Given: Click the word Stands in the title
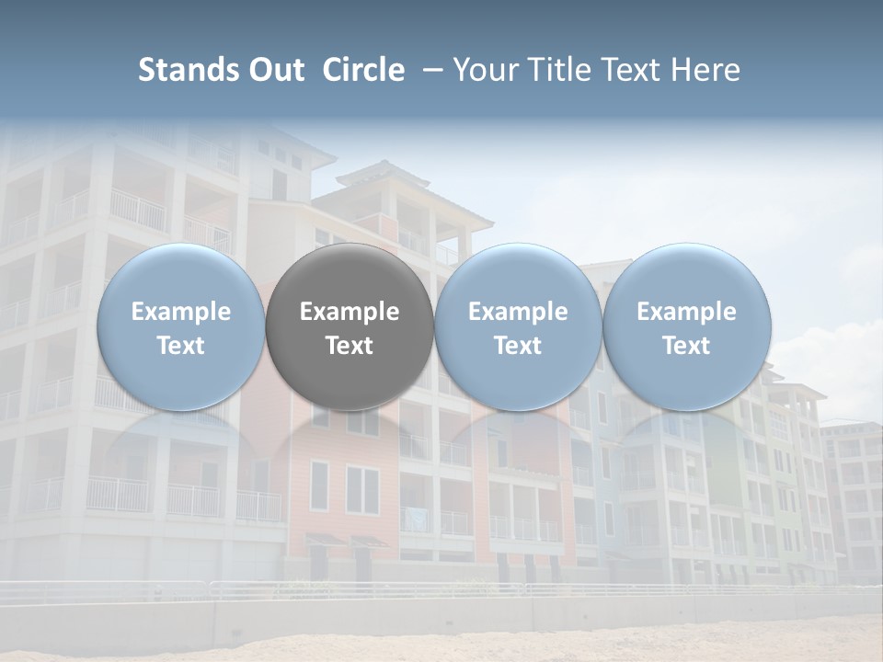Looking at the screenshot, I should click(x=189, y=70).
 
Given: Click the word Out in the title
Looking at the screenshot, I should click(x=277, y=70).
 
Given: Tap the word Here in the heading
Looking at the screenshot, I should click(x=706, y=70).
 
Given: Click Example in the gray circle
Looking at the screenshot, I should click(x=350, y=312).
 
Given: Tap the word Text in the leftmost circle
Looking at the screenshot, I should click(x=180, y=346).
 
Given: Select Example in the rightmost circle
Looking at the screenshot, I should click(x=686, y=312).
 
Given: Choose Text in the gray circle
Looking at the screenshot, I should click(x=350, y=346).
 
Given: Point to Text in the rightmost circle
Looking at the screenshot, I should click(x=686, y=346).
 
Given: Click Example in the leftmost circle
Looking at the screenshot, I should click(x=180, y=312).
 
